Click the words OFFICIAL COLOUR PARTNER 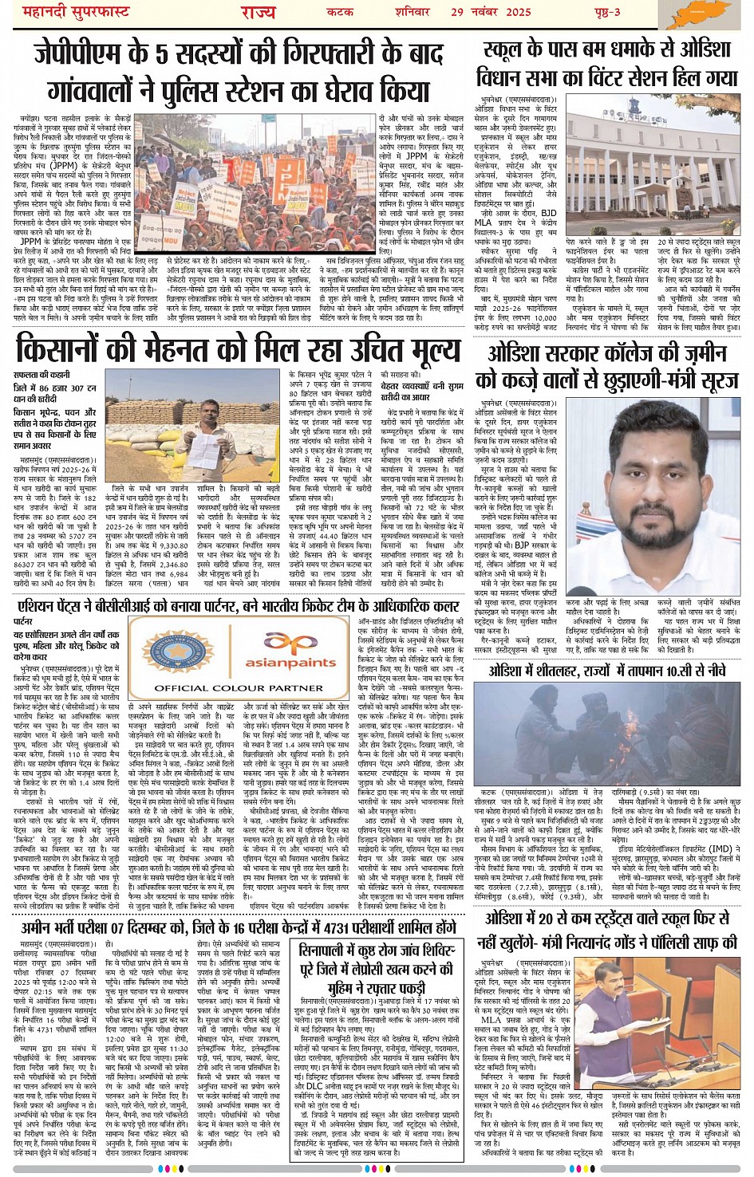(x=227, y=687)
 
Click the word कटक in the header (x=340, y=11)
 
